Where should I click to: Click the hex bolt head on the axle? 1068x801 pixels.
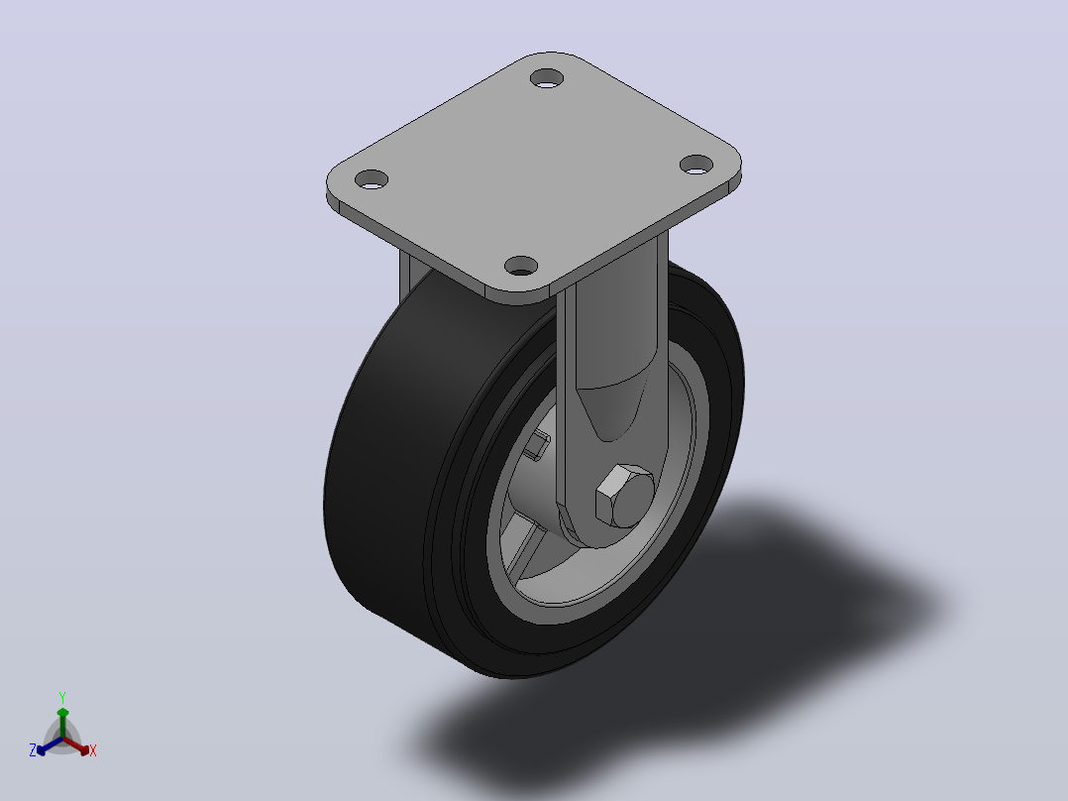click(624, 497)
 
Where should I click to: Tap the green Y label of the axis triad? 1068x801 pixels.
click(62, 697)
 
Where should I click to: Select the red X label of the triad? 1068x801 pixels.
click(93, 750)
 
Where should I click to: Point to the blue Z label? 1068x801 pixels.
click(33, 749)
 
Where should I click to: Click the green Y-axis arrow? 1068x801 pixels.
click(62, 723)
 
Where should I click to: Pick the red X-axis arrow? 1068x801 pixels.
click(76, 745)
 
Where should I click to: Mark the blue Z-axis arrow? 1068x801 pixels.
click(50, 745)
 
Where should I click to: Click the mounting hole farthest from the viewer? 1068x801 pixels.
click(547, 78)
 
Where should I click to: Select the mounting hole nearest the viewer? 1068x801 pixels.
click(521, 266)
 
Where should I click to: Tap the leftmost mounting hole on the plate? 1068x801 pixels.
click(372, 180)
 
